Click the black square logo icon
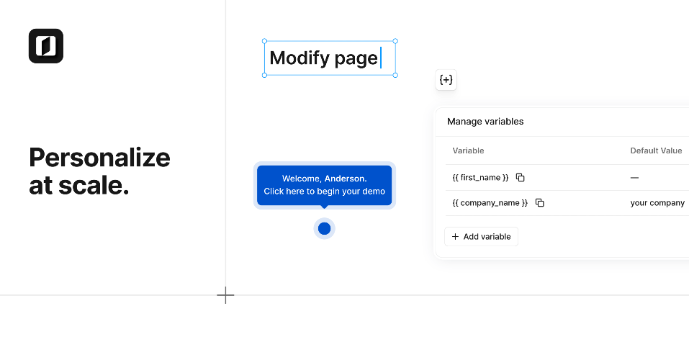46,46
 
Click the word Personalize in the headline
99,158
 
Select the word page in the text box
356,59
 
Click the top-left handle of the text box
264,41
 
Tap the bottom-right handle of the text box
395,75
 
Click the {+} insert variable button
446,80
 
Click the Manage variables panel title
485,121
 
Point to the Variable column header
468,150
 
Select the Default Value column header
656,150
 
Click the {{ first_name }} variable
480,178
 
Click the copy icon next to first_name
521,178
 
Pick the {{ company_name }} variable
490,202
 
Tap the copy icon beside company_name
539,202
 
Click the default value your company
657,202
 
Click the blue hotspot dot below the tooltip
324,228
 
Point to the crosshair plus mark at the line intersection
225,295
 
